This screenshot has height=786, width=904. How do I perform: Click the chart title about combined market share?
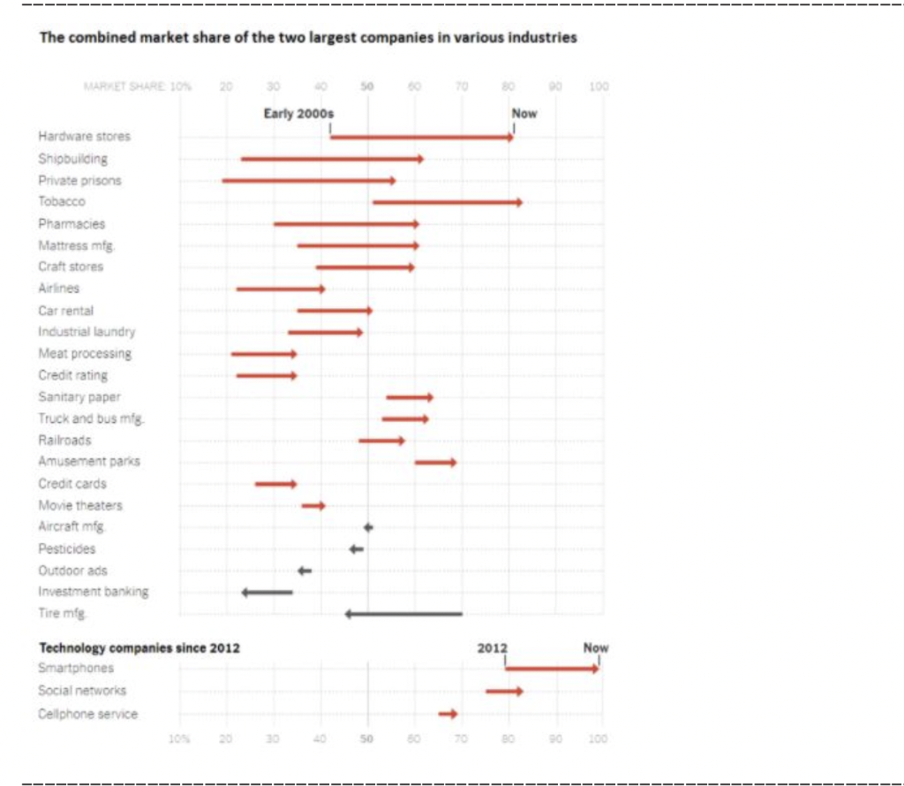coord(308,38)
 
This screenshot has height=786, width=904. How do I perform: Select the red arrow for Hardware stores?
coord(421,137)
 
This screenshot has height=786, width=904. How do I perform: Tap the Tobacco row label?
coord(62,201)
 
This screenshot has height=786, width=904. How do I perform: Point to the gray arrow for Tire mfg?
coord(403,613)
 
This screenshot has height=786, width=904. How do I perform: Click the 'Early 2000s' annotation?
coord(299,114)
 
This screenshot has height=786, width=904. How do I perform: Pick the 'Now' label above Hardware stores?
coord(524,114)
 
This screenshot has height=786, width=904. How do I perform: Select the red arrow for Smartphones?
coord(552,669)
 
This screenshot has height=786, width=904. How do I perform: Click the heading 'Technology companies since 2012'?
coord(139,647)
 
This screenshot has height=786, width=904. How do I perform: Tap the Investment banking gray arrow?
coord(267,592)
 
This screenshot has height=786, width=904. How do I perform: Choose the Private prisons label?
coord(80,180)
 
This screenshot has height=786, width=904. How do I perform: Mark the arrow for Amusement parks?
coord(435,462)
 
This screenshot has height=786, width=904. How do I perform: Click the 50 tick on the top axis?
coord(367,87)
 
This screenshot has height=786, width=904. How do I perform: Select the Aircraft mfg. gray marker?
coord(368,527)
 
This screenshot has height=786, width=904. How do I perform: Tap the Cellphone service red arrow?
coord(448,713)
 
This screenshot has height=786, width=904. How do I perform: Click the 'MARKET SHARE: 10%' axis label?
coord(137,87)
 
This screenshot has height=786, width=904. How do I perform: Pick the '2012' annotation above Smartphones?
coord(493,647)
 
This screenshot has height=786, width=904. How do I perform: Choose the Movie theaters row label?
coord(80,505)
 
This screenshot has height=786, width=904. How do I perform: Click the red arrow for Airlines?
coord(281,289)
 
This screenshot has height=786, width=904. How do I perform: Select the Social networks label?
coord(82,691)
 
